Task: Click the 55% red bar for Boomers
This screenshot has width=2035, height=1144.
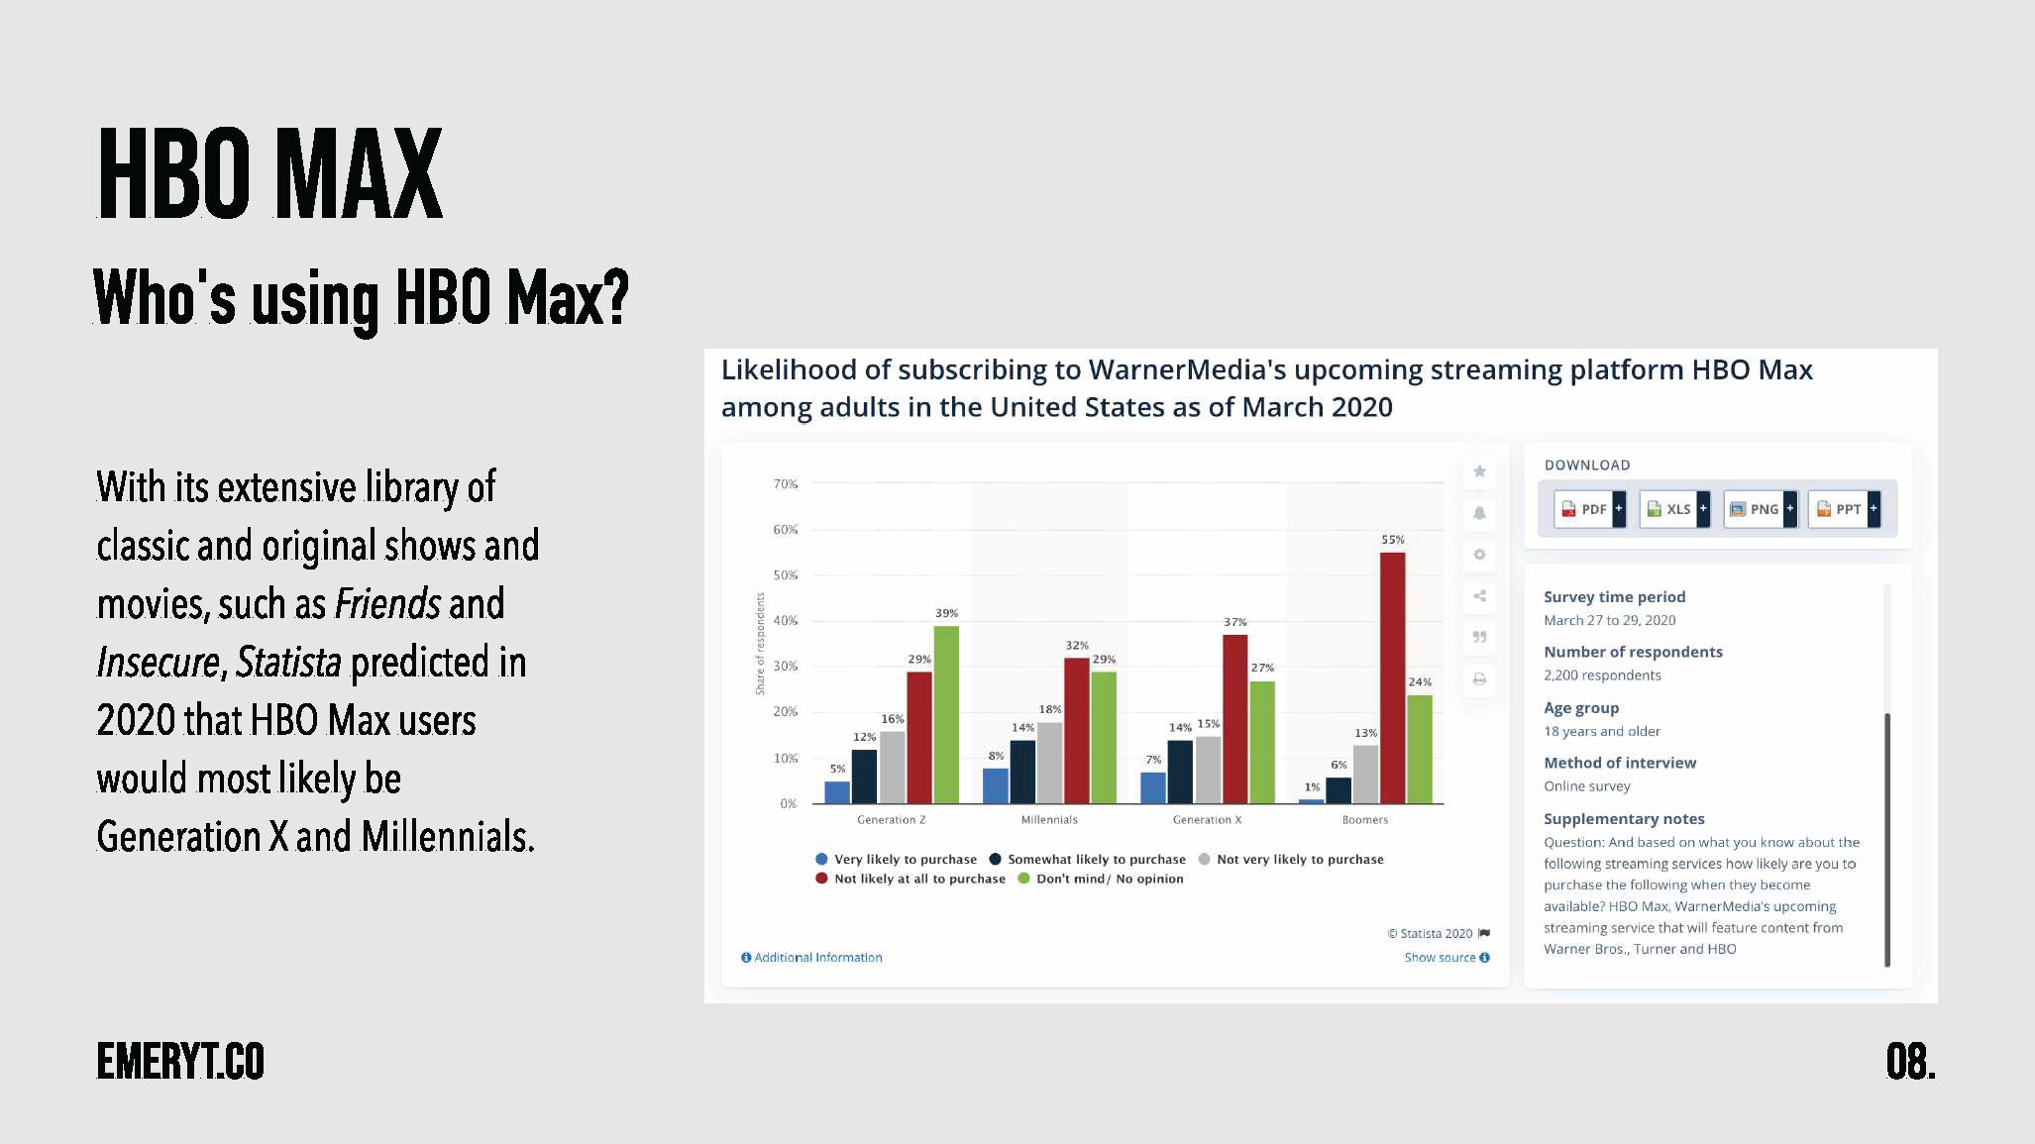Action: click(1392, 677)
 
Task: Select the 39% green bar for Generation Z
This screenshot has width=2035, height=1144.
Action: click(946, 714)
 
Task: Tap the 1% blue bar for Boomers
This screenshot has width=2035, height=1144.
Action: click(1311, 800)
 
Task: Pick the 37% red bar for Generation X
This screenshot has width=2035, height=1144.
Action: click(1234, 718)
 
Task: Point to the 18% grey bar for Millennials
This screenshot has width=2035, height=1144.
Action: click(1049, 763)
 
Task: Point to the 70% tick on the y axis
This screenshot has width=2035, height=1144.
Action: click(786, 484)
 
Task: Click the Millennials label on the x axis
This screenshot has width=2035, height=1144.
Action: click(1049, 820)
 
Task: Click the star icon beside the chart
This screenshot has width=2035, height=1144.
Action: click(1479, 471)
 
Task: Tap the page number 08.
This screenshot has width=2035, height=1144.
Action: click(1910, 1062)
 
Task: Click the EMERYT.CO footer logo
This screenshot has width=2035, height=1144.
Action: click(180, 1062)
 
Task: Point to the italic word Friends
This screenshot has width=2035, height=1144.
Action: click(387, 604)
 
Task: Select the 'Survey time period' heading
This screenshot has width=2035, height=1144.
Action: click(1614, 597)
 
